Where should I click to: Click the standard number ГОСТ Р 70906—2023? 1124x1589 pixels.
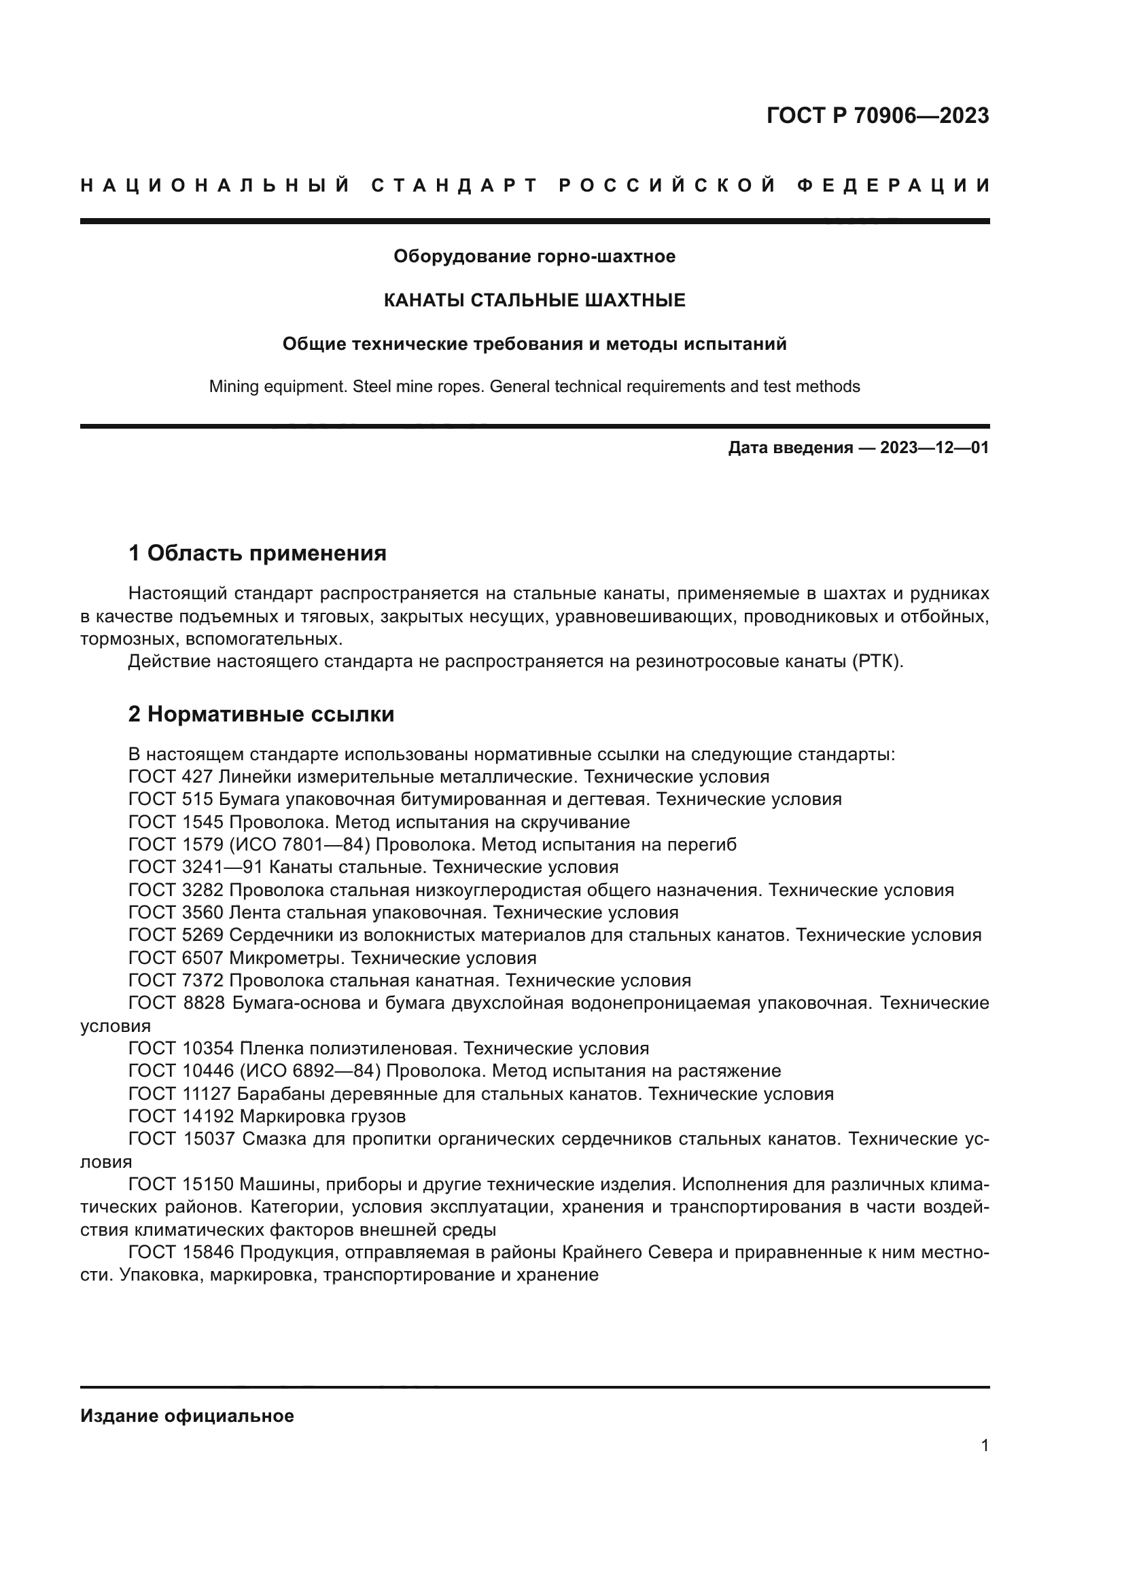pyautogui.click(x=877, y=115)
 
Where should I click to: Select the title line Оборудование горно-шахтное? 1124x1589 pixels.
pyautogui.click(x=534, y=256)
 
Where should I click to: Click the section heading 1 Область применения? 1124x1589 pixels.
pyautogui.click(x=257, y=553)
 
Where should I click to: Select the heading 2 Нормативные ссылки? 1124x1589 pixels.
pyautogui.click(x=261, y=713)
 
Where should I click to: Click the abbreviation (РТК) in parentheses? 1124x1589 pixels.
pyautogui.click(x=877, y=661)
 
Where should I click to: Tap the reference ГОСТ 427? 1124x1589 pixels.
pyautogui.click(x=171, y=776)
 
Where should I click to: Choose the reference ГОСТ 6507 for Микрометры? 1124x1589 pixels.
pyautogui.click(x=176, y=958)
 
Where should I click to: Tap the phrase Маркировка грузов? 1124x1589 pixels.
pyautogui.click(x=322, y=1115)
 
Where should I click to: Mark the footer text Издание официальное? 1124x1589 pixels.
pyautogui.click(x=187, y=1416)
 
